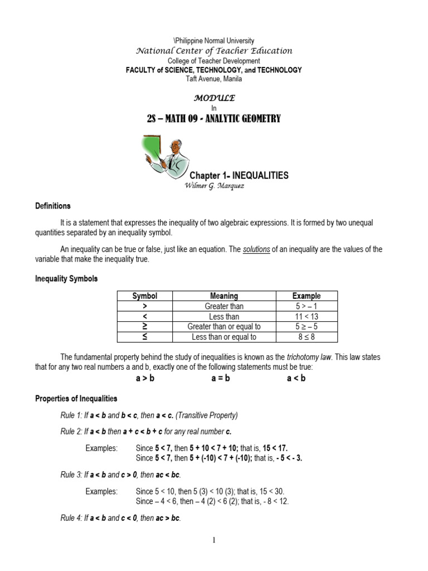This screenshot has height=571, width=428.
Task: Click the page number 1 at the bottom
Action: [214, 540]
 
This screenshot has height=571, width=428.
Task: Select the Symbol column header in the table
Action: [144, 296]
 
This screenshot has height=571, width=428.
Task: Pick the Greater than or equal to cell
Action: [224, 327]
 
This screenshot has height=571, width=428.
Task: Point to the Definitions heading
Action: [53, 206]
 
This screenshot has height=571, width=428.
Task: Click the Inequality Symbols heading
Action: [66, 278]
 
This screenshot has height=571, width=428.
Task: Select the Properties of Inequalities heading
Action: [76, 399]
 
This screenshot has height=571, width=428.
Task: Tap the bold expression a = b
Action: [220, 379]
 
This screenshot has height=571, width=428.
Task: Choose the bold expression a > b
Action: [145, 379]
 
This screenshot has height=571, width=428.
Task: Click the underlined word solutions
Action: [256, 249]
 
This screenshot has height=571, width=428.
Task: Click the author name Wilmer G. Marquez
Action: [214, 186]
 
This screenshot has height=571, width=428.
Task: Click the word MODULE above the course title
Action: [214, 98]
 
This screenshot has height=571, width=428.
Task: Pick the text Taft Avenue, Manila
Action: [214, 79]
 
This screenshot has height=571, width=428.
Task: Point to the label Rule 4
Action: [71, 518]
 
